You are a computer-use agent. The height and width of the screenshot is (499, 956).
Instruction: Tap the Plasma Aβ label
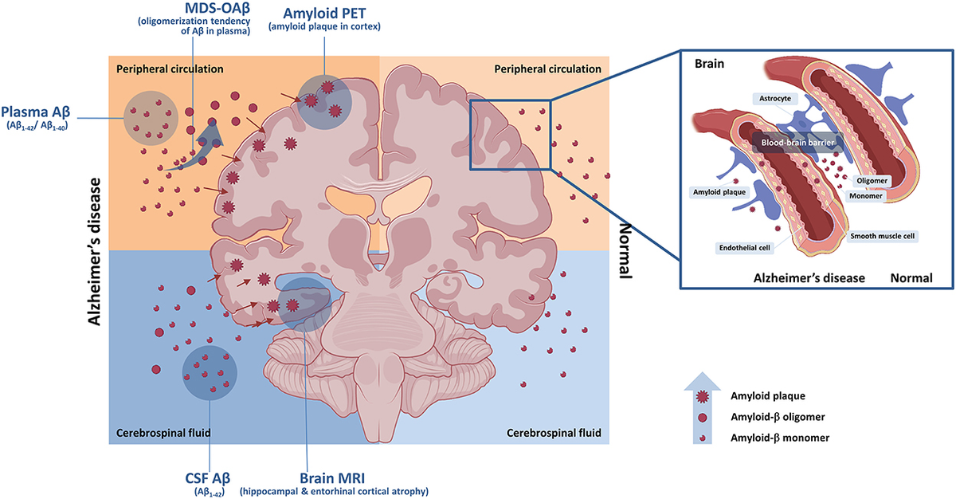click(38, 112)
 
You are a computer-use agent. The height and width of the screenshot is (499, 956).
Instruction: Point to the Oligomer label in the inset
click(871, 181)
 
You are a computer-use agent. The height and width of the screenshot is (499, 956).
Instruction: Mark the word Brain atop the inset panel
click(709, 63)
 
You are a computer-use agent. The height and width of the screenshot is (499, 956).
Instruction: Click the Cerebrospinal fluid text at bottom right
click(554, 434)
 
